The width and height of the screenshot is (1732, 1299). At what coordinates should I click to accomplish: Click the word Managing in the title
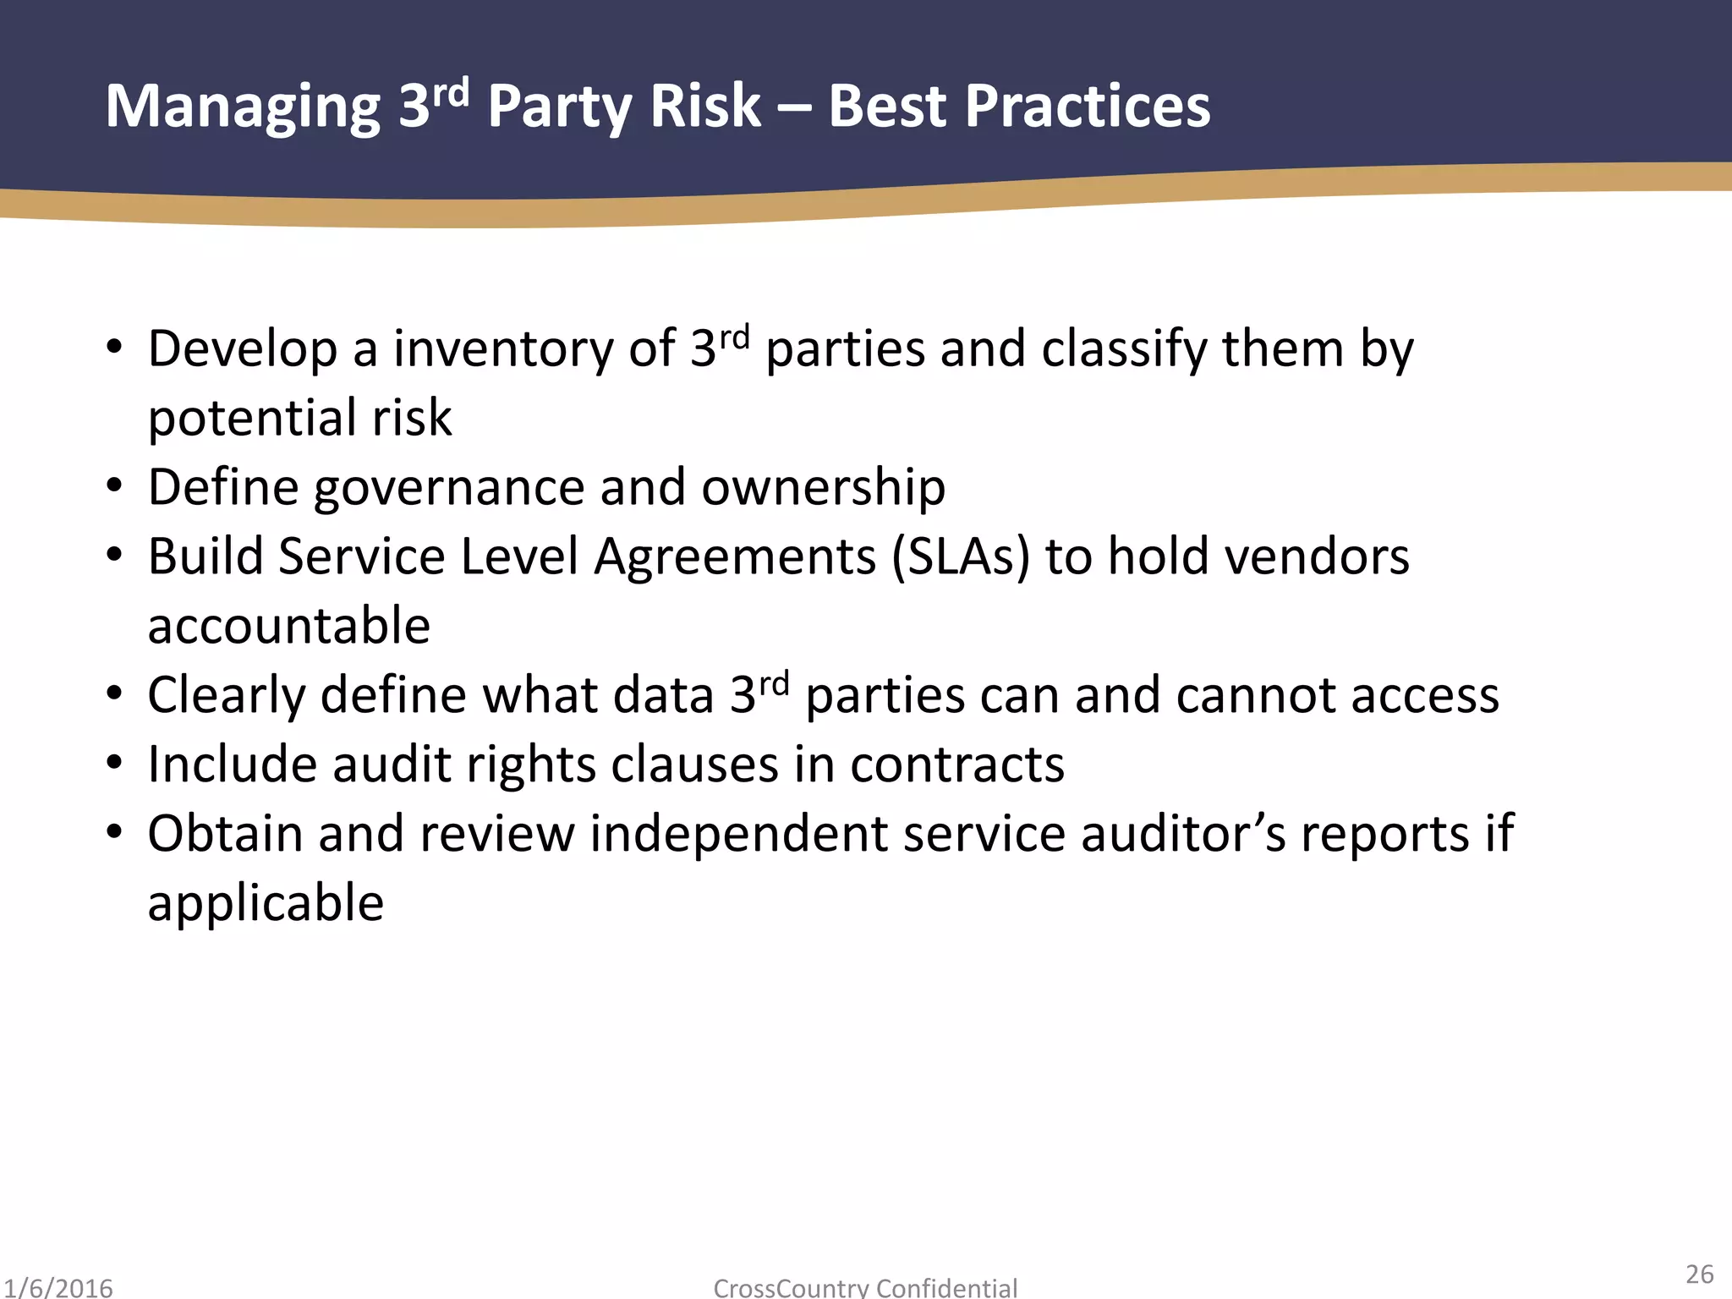(x=243, y=108)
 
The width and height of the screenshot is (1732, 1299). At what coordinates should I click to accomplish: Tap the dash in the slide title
(x=794, y=108)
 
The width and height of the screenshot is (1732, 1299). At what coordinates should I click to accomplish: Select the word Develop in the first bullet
(x=242, y=350)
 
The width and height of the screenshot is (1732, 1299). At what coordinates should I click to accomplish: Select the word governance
(x=448, y=489)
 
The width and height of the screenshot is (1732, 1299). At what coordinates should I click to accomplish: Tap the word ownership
(x=823, y=489)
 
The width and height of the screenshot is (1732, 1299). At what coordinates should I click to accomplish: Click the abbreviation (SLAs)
(x=961, y=558)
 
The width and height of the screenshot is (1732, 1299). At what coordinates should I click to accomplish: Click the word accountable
(x=288, y=627)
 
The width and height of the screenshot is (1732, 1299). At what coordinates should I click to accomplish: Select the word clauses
(x=694, y=766)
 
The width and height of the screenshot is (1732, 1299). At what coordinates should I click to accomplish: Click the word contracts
(x=956, y=766)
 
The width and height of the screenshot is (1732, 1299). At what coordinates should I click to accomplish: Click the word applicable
(x=266, y=904)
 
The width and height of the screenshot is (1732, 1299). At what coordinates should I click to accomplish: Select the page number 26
(x=1699, y=1274)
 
